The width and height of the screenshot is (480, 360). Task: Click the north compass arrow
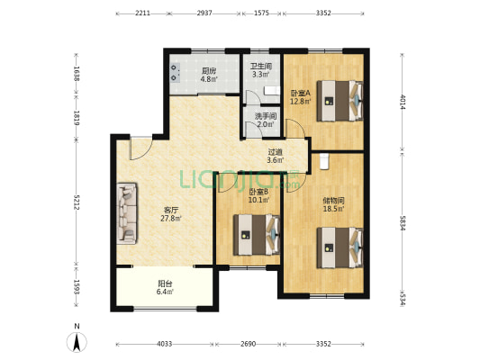tap(77, 342)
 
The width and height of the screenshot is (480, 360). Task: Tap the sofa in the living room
tap(127, 213)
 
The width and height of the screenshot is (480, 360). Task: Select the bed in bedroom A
tap(340, 101)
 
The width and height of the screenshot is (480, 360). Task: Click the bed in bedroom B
tap(257, 235)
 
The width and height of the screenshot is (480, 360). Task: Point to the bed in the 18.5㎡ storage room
tap(340, 247)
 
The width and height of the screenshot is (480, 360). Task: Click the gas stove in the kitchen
tap(175, 73)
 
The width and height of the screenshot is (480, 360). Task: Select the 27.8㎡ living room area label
tap(171, 219)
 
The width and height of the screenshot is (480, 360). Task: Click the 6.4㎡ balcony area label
tap(165, 292)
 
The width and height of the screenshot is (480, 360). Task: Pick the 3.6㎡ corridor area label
tap(276, 160)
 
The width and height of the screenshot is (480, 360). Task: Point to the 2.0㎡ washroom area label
tap(266, 124)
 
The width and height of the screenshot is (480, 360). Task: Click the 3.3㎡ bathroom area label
tap(260, 75)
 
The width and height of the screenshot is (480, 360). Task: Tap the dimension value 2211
tap(142, 13)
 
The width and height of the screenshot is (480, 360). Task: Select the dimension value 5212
tap(77, 202)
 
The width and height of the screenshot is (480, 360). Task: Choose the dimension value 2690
tap(248, 344)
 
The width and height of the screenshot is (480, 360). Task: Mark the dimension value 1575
tap(261, 13)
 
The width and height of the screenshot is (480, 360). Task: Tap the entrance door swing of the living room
tap(141, 148)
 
